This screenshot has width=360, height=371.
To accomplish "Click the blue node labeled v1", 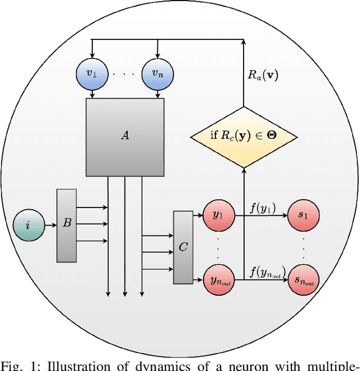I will tap(92, 74).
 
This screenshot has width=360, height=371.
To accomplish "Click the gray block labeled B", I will tap(66, 225).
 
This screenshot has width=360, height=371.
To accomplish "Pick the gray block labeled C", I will tap(183, 247).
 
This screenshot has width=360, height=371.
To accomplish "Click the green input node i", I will tap(28, 225).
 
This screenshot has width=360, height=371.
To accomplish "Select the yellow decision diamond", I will tap(244, 135).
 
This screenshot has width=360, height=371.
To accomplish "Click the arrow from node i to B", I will tap(49, 225).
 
